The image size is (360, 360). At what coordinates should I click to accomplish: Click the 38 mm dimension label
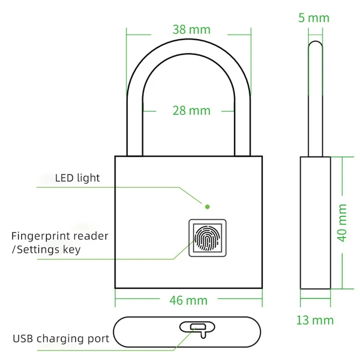pyautogui.click(x=191, y=30)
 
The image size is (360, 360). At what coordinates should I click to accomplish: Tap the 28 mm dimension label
pyautogui.click(x=191, y=111)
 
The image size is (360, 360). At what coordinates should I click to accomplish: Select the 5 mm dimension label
pyautogui.click(x=313, y=18)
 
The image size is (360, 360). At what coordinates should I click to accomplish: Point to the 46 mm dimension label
pyautogui.click(x=188, y=301)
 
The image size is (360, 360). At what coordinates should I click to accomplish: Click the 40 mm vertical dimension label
pyautogui.click(x=342, y=222)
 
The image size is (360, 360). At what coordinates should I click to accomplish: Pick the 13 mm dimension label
pyautogui.click(x=315, y=320)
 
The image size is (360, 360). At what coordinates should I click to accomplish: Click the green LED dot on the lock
pyautogui.click(x=207, y=207)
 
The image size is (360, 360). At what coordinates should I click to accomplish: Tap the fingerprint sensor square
pyautogui.click(x=207, y=238)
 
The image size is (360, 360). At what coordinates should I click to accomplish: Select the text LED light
pyautogui.click(x=77, y=178)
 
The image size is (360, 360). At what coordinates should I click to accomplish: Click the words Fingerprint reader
pyautogui.click(x=60, y=236)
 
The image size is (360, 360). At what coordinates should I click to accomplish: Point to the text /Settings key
pyautogui.click(x=46, y=249)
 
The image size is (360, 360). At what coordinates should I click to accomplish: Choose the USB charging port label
pyautogui.click(x=61, y=339)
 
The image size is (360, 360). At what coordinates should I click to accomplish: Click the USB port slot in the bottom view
pyautogui.click(x=195, y=328)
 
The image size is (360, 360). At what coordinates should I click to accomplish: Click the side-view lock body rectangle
pyautogui.click(x=315, y=222)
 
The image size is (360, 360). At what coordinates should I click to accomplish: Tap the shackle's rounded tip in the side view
pyautogui.click(x=315, y=45)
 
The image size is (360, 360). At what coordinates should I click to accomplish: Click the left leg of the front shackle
pyautogui.click(x=135, y=125)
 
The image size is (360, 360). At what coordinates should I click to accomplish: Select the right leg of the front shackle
pyautogui.click(x=243, y=125)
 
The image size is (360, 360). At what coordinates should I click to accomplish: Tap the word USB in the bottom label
pyautogui.click(x=23, y=339)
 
